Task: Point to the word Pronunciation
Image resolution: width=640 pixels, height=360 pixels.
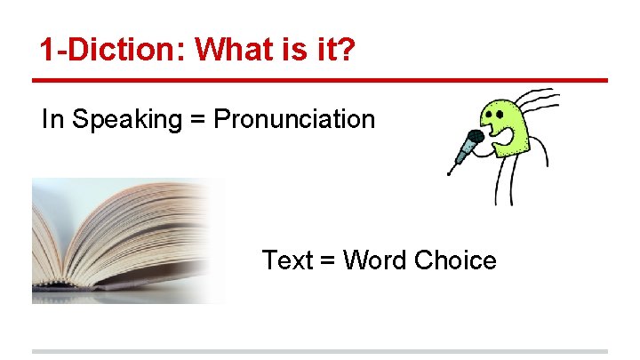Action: pos(294,119)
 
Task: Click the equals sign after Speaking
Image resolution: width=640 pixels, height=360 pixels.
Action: pos(197,120)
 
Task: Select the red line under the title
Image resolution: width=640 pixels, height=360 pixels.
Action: pos(320,81)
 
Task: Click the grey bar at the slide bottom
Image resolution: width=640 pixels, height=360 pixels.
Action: pos(320,352)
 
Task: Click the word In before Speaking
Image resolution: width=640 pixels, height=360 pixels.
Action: pos(52,119)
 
